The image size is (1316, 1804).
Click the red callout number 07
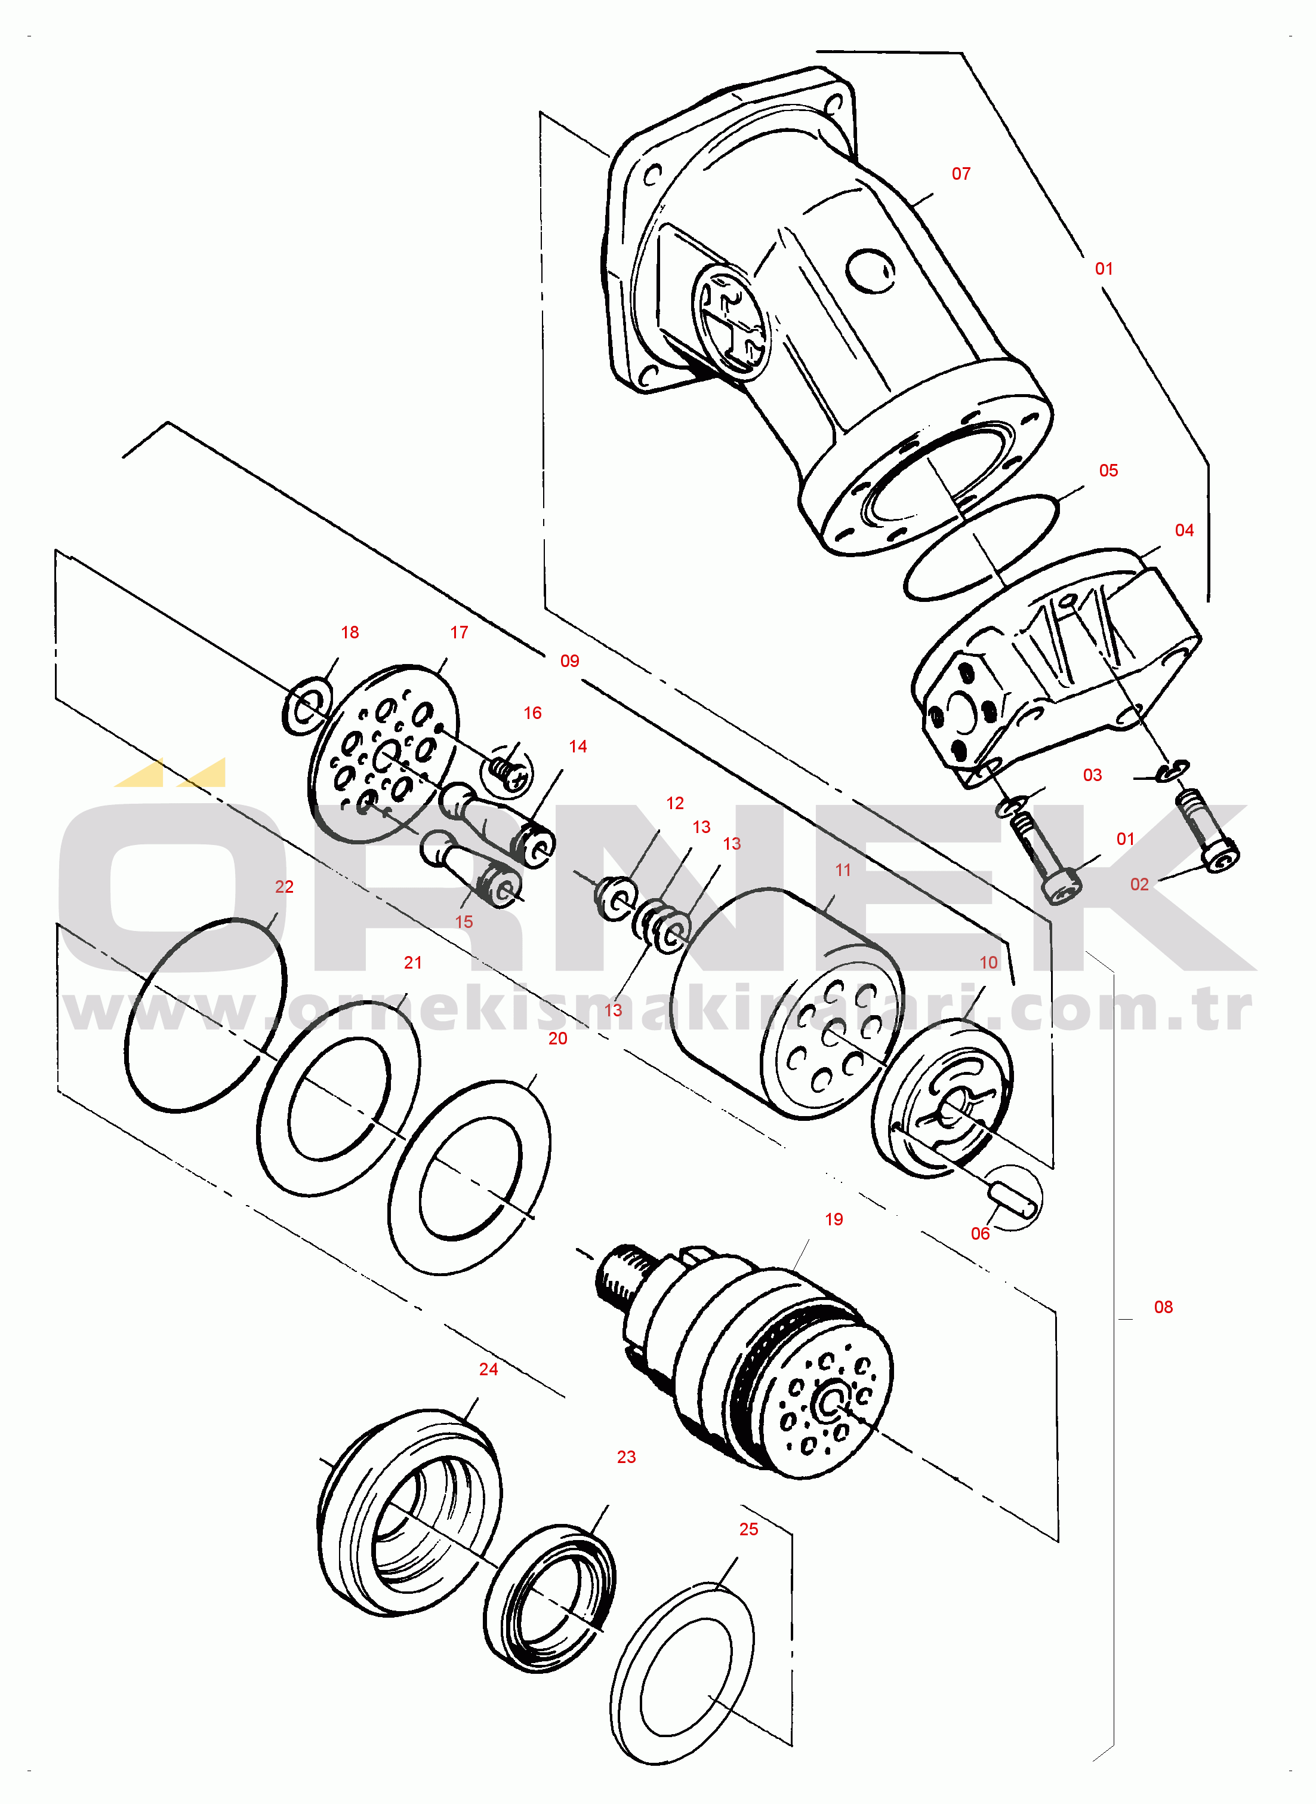coord(961,174)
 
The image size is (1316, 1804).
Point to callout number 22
coord(285,887)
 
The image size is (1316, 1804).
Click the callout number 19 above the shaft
coord(833,1219)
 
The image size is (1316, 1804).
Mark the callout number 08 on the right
coord(1163,1307)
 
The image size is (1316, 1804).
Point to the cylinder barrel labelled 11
coord(788,1004)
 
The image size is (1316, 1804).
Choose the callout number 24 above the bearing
coord(488,1369)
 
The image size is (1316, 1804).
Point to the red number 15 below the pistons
coord(464,922)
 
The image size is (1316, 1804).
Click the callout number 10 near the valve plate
coord(988,963)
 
